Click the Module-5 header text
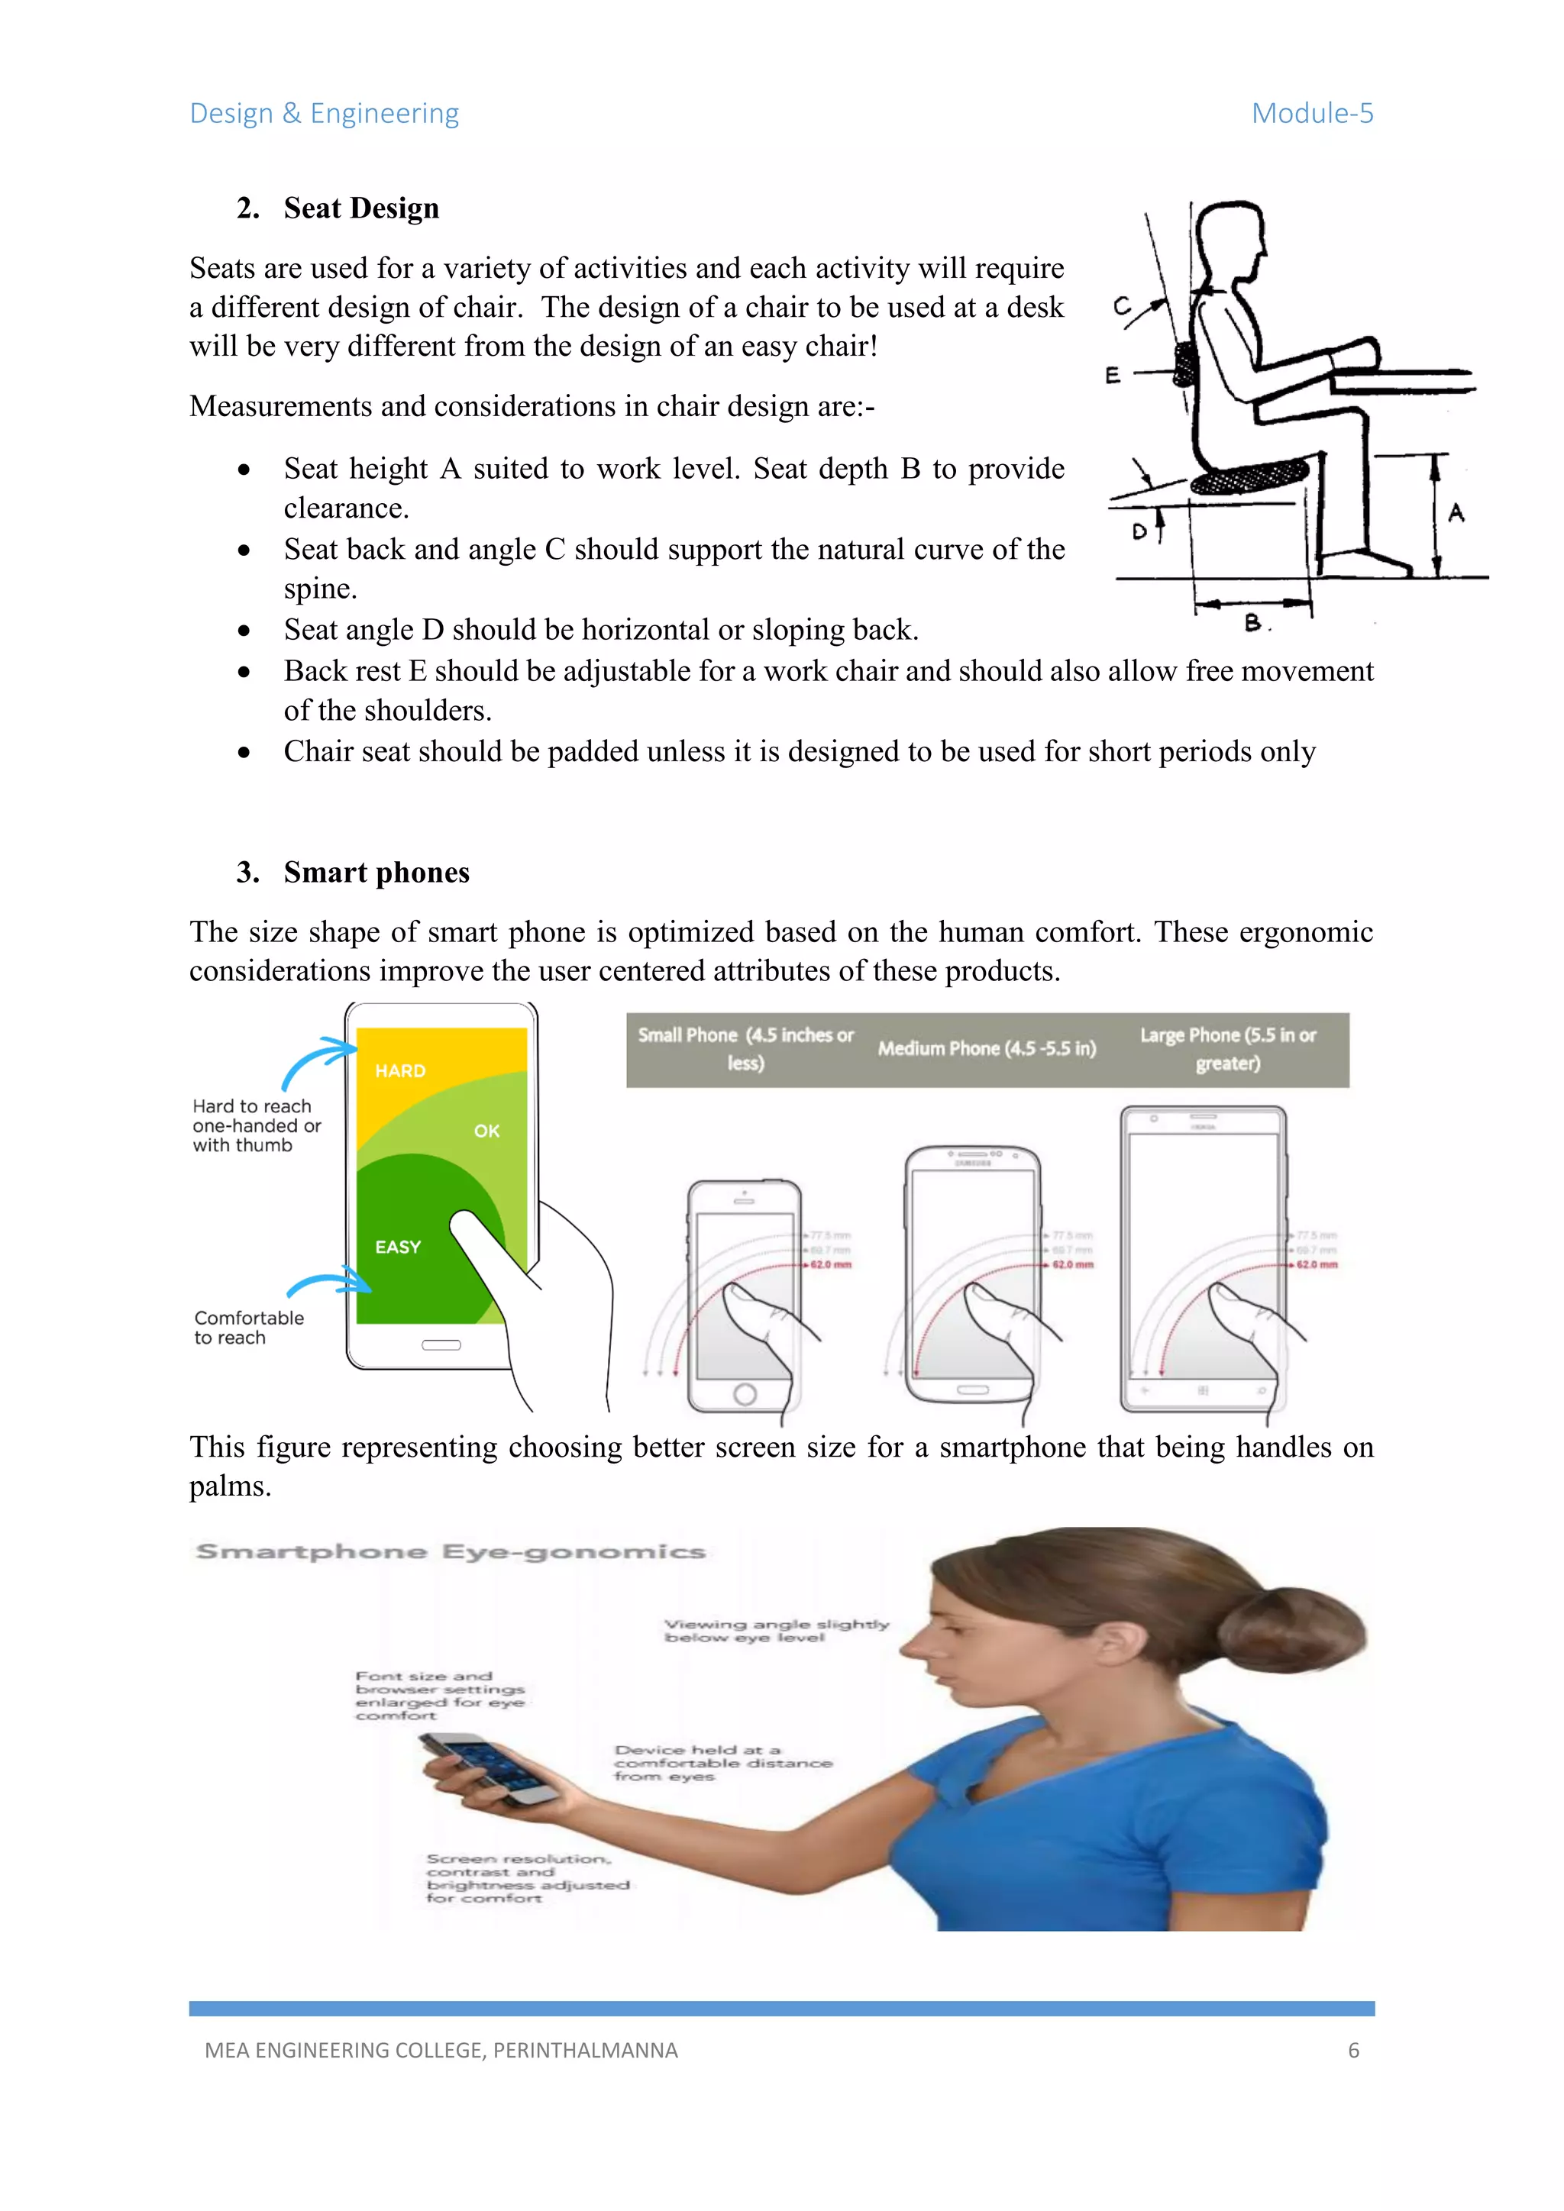point(1312,114)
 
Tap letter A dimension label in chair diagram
point(1456,513)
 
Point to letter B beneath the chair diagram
point(1252,623)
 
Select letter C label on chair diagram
point(1122,306)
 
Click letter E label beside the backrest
point(1113,375)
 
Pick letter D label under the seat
point(1140,531)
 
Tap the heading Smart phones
point(376,873)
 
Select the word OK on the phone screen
point(486,1131)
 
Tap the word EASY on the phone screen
point(398,1247)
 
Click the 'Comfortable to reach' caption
point(247,1327)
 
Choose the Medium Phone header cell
point(987,1049)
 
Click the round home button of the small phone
point(745,1393)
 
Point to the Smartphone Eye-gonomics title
point(451,1551)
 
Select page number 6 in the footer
point(1353,2050)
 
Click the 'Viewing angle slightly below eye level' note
point(776,1629)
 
